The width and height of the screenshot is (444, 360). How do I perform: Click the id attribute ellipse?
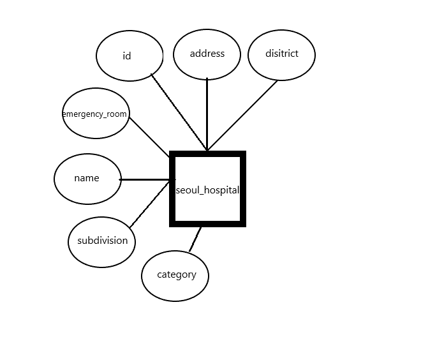tap(130, 56)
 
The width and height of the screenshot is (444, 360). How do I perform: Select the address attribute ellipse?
tap(207, 54)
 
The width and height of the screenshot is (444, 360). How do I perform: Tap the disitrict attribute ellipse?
tap(281, 54)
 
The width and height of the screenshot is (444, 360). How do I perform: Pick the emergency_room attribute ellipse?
tap(96, 114)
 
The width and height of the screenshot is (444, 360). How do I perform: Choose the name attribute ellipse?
tap(87, 179)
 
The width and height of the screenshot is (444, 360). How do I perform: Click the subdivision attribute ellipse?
tap(102, 241)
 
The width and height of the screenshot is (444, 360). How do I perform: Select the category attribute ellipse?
tap(175, 275)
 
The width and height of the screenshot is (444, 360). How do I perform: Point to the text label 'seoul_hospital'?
tap(207, 190)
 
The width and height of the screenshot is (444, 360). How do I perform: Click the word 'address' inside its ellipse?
tap(207, 54)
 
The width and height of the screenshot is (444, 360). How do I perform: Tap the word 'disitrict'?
tap(282, 54)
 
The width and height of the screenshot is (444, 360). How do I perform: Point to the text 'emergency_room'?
tap(95, 114)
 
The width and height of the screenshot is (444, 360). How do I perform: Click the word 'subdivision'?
tap(103, 241)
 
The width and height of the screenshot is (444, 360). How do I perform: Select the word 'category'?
tap(177, 275)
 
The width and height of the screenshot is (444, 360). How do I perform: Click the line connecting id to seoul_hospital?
tap(179, 112)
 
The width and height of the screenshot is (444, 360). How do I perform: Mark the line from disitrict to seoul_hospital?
tap(242, 116)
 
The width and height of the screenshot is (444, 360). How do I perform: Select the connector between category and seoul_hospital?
tap(195, 239)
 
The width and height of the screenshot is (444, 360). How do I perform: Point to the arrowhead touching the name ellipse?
tap(122, 179)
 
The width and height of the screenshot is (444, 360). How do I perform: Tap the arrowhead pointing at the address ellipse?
tap(207, 80)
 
